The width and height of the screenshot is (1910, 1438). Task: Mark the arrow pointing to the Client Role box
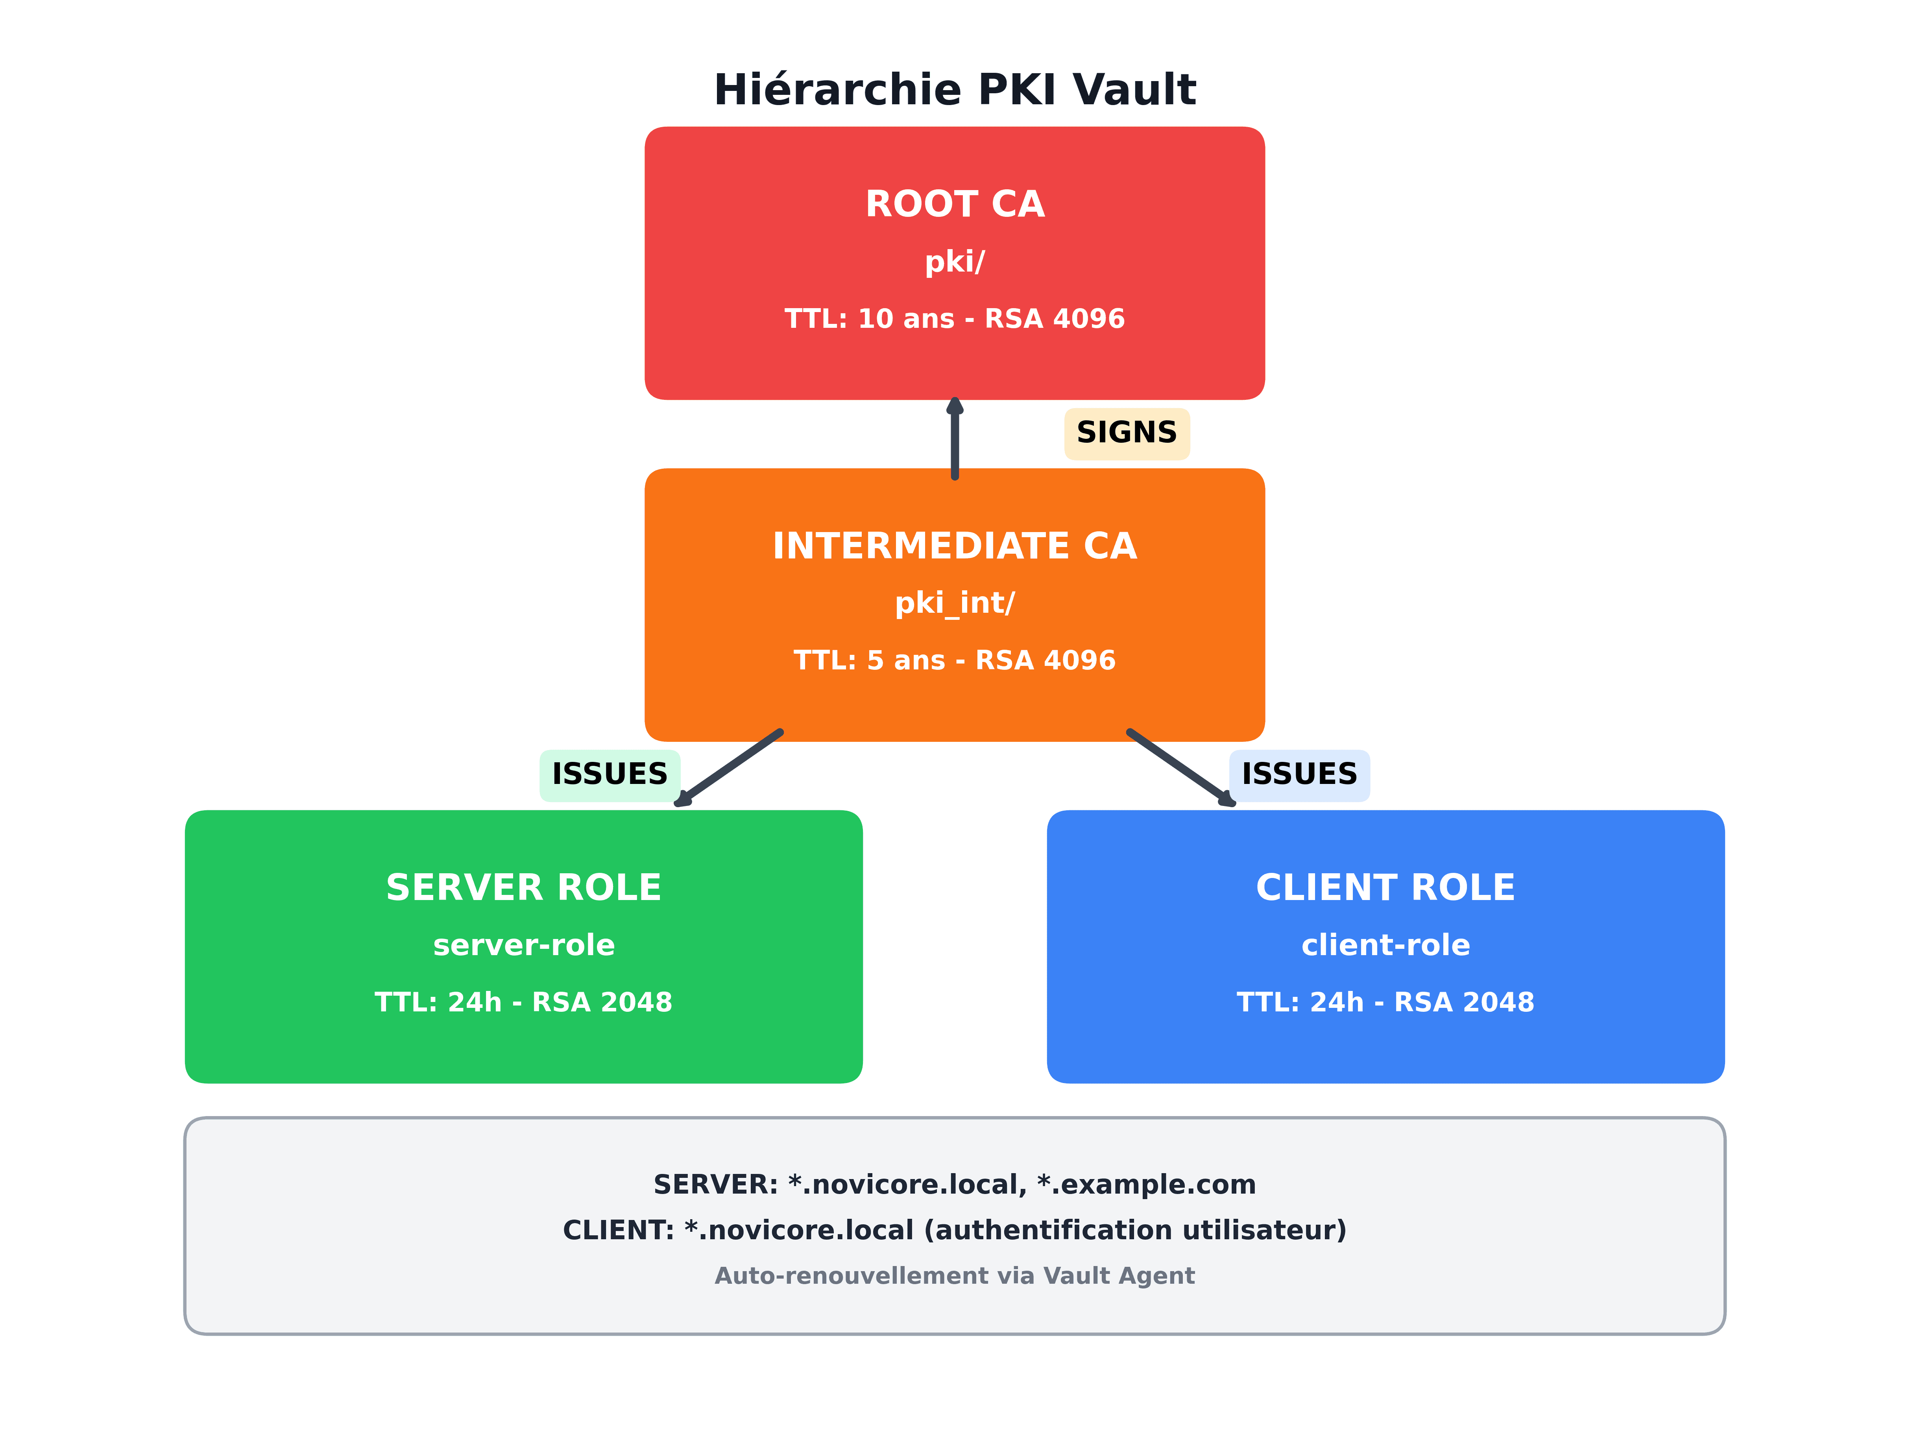coord(1181,768)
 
